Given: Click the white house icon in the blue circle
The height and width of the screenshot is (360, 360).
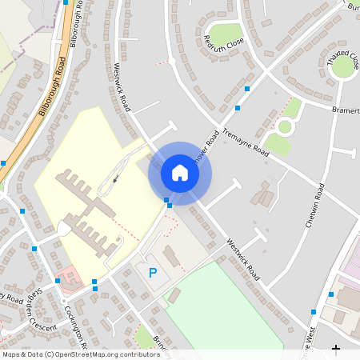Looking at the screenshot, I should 180,172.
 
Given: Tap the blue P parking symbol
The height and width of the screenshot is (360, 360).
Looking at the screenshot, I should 153,273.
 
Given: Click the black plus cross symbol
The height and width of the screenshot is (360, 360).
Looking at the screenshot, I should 336,349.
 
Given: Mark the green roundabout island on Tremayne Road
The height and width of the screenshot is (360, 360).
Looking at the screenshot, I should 285,126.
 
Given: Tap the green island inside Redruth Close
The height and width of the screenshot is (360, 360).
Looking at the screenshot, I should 224,34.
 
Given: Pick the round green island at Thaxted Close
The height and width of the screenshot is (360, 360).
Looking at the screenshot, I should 343,66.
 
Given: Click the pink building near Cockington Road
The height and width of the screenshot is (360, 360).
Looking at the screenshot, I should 69,278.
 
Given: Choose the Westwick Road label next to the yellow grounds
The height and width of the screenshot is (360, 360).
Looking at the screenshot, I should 126,88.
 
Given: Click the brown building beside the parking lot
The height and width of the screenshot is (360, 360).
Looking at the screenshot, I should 172,257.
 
